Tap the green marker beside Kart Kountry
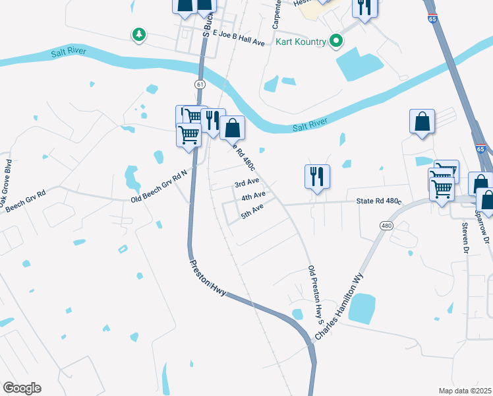coord(335,42)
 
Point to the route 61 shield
coord(199,84)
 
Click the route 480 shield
coord(385,226)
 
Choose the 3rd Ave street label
coord(247,181)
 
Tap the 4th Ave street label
coord(253,196)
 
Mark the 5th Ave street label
coord(252,211)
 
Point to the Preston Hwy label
coord(209,277)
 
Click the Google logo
coord(22,387)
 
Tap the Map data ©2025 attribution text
coord(464,391)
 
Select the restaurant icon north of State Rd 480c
coord(317,176)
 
